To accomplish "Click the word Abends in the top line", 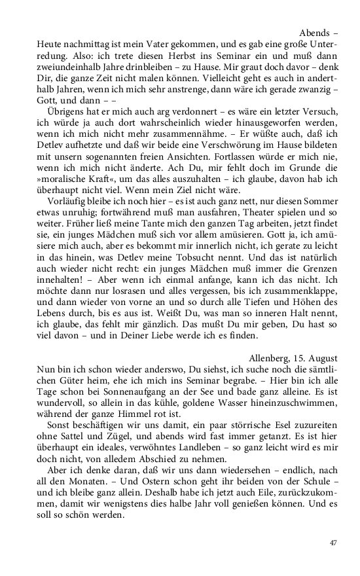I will (315, 32).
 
